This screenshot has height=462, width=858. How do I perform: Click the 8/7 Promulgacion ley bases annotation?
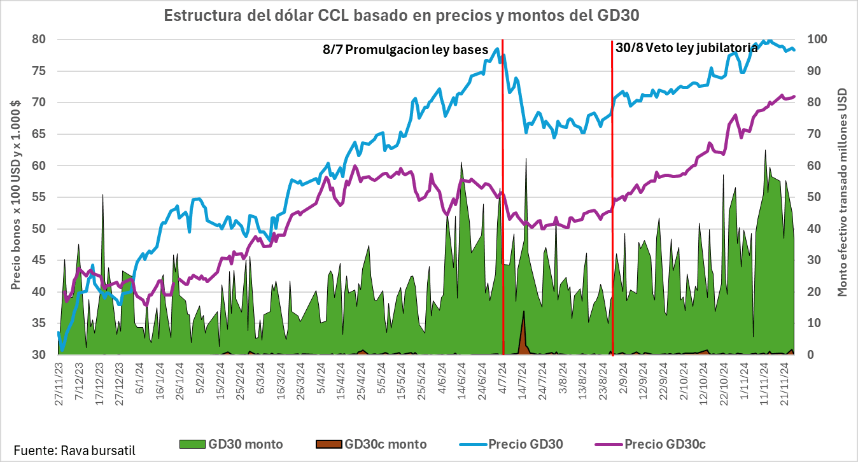click(405, 50)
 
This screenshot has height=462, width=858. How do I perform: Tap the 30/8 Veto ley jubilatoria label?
click(686, 48)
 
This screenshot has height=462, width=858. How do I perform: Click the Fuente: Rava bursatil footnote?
click(74, 451)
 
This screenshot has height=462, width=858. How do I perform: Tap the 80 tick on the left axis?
click(39, 39)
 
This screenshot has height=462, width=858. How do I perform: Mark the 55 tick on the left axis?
click(39, 197)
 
